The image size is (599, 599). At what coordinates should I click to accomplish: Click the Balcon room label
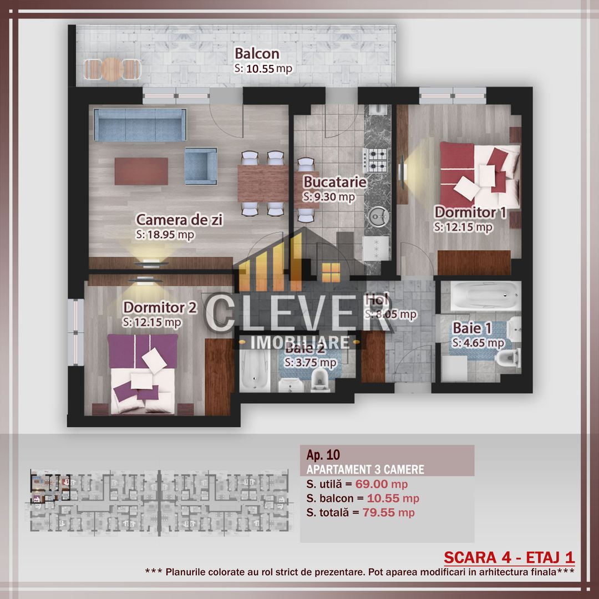[257, 54]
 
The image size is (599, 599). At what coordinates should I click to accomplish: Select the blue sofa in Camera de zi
[138, 124]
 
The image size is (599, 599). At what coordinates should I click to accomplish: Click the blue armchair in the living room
[200, 165]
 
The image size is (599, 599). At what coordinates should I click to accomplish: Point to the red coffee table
[141, 171]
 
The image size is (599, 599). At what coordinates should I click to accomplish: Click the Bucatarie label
[334, 182]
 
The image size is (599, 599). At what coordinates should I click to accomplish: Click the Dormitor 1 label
[470, 212]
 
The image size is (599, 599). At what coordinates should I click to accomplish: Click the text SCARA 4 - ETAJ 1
[509, 557]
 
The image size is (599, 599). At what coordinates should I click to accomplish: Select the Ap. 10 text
[323, 455]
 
